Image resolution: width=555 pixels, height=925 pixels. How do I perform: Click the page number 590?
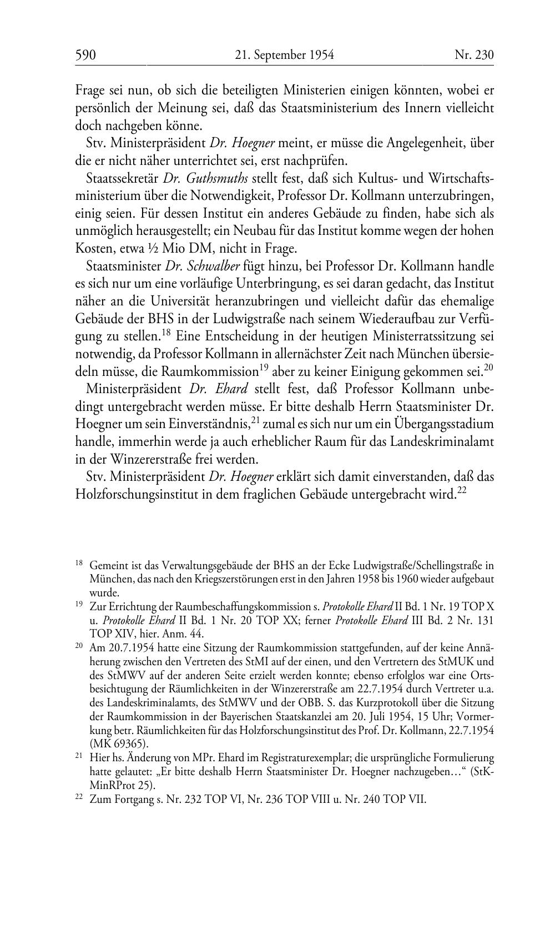pos(86,55)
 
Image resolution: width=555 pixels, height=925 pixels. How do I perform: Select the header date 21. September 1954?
pos(284,55)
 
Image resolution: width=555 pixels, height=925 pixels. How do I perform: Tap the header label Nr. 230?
pos(474,55)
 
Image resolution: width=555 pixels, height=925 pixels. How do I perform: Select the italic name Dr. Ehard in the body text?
pos(218,389)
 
